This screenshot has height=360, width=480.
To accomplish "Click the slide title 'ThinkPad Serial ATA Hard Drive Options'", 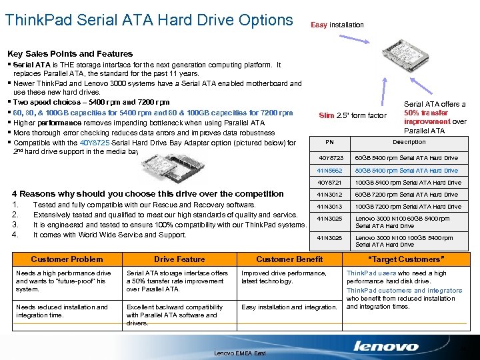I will point(149,20).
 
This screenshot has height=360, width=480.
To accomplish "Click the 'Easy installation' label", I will point(337,25).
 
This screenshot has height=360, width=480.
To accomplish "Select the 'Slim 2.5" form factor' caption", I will point(353,116).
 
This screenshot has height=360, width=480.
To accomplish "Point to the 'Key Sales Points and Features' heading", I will point(69,53).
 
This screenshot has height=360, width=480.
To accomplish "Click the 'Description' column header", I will point(409,142).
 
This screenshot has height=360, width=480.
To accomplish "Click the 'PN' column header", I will point(329,142).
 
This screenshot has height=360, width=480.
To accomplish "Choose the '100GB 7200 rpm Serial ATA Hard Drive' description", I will point(406,207).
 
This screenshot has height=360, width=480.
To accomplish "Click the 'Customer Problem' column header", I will point(67,259).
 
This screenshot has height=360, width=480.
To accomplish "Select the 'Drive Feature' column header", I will point(179,259).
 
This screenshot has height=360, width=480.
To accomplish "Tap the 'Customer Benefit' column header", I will point(289,259).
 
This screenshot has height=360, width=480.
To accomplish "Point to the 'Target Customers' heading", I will point(405,259).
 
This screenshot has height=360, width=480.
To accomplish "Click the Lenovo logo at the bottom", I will point(386,346).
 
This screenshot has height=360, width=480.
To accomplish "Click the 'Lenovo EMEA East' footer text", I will point(240,353).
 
